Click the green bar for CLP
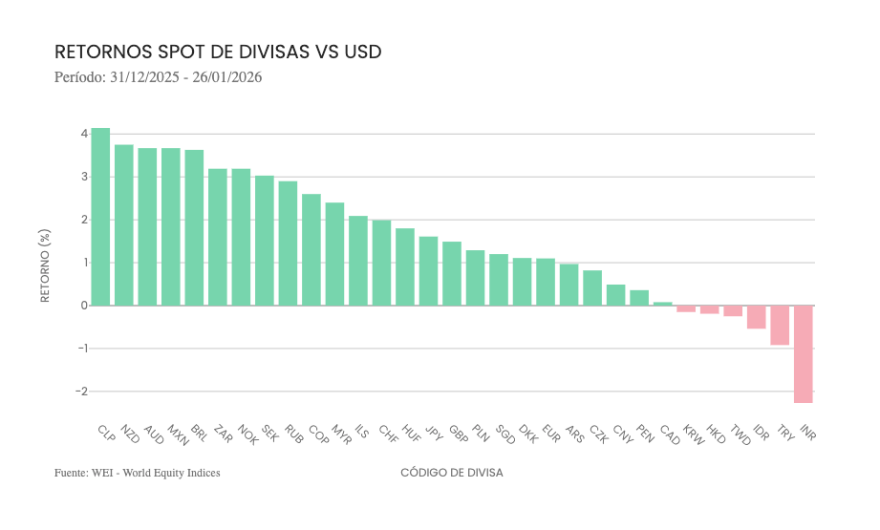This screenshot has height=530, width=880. pos(100,217)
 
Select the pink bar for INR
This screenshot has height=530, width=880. pos(804,353)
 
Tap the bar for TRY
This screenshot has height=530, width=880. pos(780,325)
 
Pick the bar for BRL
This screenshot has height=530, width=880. pos(194,227)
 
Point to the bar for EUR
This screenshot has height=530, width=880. pos(546,282)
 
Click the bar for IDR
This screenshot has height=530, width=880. pos(757,317)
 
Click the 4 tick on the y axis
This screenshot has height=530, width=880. pos(84,134)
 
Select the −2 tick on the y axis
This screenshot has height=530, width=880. pos(81,392)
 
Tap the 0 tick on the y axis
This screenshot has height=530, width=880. pos(84,306)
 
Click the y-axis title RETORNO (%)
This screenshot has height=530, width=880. pos(45,265)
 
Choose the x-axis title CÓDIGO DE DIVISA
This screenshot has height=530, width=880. pos(451,473)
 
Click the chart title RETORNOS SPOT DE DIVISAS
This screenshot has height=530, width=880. pos(218,52)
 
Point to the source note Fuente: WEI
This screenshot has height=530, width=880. pos(137,473)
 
